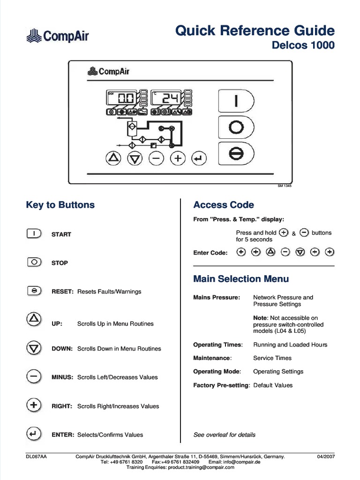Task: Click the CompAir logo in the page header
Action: tap(57, 35)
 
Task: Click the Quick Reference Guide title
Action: tap(255, 31)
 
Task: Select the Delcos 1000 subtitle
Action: tap(303, 45)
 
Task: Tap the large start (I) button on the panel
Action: tap(236, 101)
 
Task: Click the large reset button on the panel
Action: tap(236, 153)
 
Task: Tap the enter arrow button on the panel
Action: tap(199, 159)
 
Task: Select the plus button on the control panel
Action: tap(178, 159)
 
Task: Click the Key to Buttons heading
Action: tap(60, 205)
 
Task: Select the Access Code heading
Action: tap(224, 205)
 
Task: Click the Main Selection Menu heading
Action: tap(241, 279)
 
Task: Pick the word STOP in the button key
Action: tap(60, 263)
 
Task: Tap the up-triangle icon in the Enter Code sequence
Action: tap(270, 252)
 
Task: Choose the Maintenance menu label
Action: tap(212, 358)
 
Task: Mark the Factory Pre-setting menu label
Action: tap(221, 385)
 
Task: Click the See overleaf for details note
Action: tap(224, 435)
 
